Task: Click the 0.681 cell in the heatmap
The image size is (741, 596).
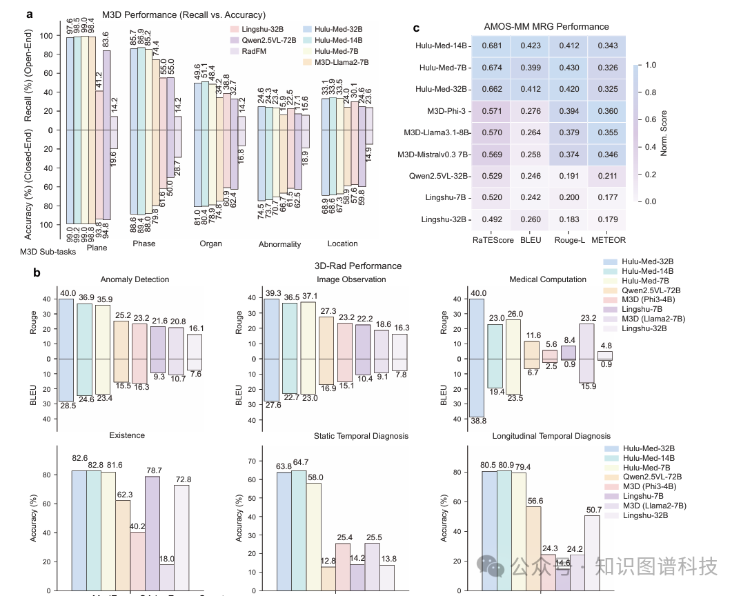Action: tap(491, 46)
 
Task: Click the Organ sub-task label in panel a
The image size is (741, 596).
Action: tap(211, 244)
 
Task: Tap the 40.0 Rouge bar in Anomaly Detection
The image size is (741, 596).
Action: tap(66, 328)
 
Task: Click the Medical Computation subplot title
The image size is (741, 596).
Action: tap(548, 279)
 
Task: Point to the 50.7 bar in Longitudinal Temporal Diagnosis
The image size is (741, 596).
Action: tap(591, 553)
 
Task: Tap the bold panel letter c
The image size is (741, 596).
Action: tap(416, 28)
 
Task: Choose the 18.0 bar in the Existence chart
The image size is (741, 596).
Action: tap(167, 577)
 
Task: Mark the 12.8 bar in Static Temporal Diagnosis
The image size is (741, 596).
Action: tap(328, 578)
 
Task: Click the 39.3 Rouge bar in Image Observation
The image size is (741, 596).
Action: tap(273, 328)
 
